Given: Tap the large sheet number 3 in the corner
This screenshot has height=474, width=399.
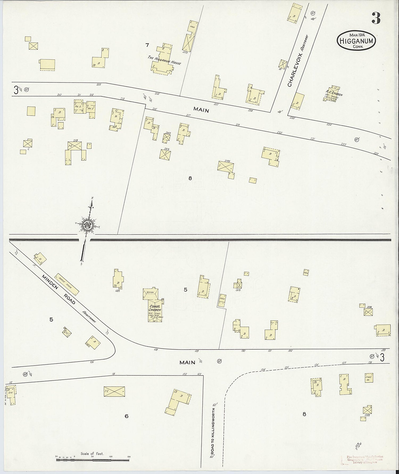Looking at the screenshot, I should pos(376,18).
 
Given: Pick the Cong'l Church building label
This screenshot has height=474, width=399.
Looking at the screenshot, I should pos(155,308).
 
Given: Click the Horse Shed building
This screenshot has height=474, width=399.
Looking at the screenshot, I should pos(67,284).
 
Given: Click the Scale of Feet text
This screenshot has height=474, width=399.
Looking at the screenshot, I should pos(92,453).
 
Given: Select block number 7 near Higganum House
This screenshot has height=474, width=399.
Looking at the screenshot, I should pos(147,45).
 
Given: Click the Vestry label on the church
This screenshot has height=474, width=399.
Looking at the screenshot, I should pos(151,292).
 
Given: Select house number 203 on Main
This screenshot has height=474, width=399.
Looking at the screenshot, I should pos(99,85).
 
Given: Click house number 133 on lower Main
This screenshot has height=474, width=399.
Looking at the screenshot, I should pos(383,350).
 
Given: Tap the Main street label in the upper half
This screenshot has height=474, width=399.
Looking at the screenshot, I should pos(201,110).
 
